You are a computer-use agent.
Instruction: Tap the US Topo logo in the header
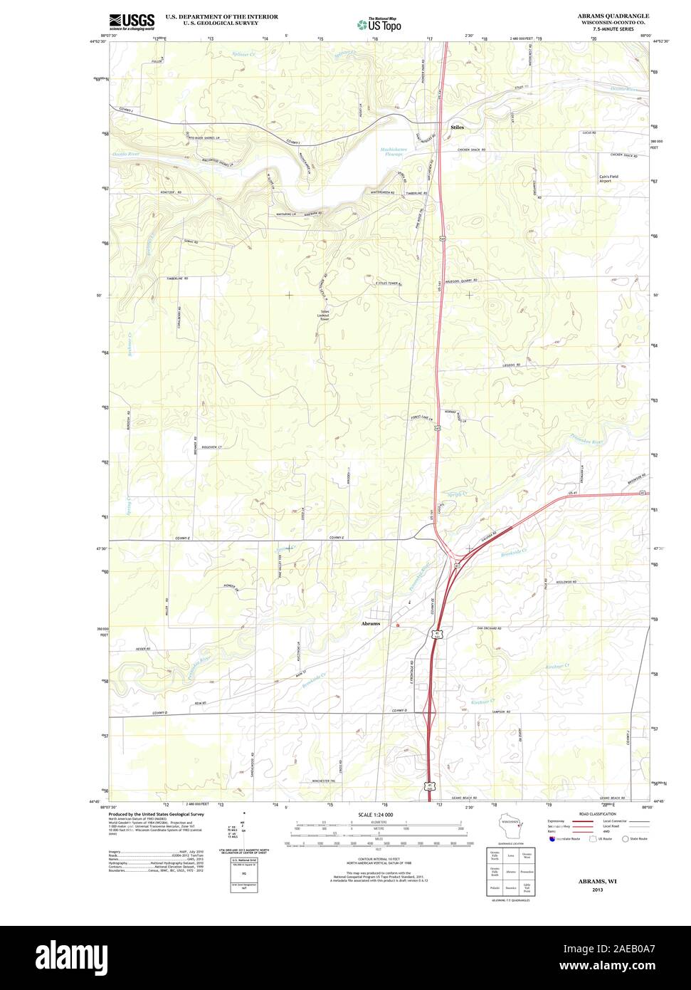pos(379,24)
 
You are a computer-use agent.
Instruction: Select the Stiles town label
pos(457,127)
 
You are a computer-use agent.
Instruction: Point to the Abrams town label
pos(371,623)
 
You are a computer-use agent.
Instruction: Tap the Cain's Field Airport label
pos(610,179)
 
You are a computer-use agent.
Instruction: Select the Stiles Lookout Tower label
pos(325,316)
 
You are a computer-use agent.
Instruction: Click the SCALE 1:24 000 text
pos(376,814)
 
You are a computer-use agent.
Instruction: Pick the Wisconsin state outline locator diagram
pos(510,830)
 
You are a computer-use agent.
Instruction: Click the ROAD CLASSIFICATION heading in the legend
pos(597,813)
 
